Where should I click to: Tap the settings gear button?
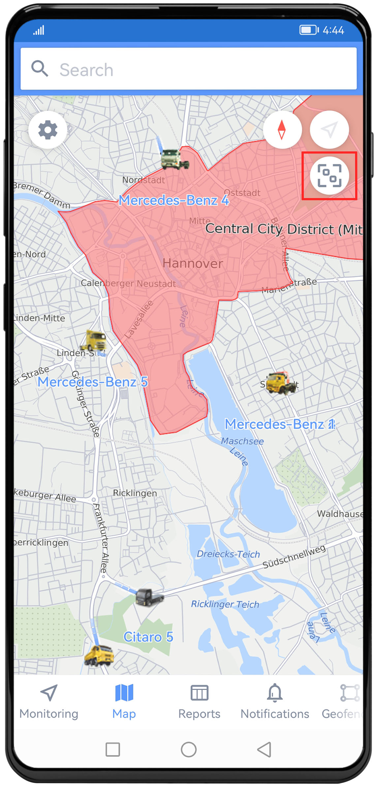pyautogui.click(x=48, y=130)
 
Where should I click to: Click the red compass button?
pyautogui.click(x=282, y=130)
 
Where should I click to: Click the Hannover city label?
pyautogui.click(x=193, y=264)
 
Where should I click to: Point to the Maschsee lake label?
pyautogui.click(x=242, y=441)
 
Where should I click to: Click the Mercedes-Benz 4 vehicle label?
pyautogui.click(x=174, y=200)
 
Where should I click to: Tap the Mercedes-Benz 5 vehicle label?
pyautogui.click(x=92, y=382)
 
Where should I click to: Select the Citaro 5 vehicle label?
pyautogui.click(x=148, y=637)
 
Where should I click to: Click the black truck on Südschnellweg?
pyautogui.click(x=149, y=597)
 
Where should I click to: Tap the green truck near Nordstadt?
pyautogui.click(x=174, y=159)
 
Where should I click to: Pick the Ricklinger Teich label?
pyautogui.click(x=225, y=604)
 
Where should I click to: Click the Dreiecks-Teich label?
pyautogui.click(x=228, y=554)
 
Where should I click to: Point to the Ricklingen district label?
pyautogui.click(x=135, y=493)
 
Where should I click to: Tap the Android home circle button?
pyautogui.click(x=189, y=750)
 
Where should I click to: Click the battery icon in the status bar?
pyautogui.click(x=308, y=30)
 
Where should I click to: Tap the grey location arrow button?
pyautogui.click(x=329, y=130)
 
